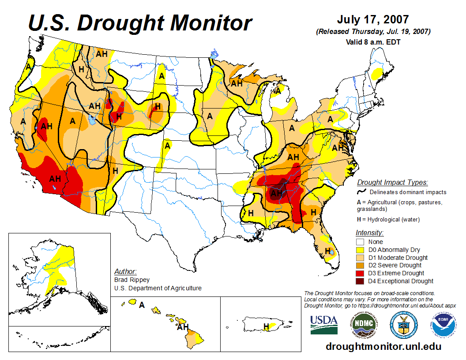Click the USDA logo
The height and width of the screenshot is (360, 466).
click(x=324, y=325)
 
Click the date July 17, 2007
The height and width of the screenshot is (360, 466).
click(x=373, y=20)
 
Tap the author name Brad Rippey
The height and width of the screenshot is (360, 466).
click(x=132, y=280)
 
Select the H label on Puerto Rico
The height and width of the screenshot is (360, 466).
click(x=266, y=326)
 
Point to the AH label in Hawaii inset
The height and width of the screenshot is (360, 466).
click(x=182, y=327)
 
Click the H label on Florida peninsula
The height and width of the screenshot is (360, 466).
click(x=328, y=251)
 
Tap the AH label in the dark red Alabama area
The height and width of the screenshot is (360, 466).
click(x=277, y=193)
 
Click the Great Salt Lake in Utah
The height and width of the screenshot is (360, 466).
click(x=91, y=119)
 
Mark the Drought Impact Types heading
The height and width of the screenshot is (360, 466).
click(x=392, y=182)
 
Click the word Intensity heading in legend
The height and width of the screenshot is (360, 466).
click(x=369, y=232)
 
